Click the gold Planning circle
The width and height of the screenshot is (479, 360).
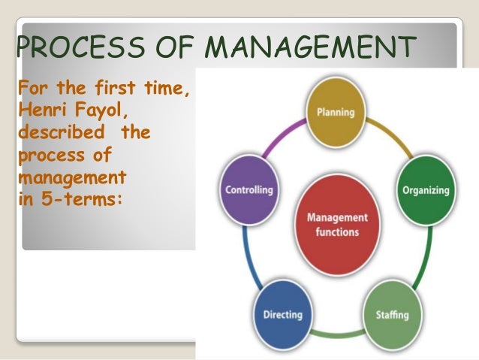[x=336, y=113]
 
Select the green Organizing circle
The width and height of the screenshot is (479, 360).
[x=425, y=190]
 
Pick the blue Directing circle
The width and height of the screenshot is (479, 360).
[x=282, y=313]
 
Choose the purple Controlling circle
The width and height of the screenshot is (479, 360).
[x=249, y=189]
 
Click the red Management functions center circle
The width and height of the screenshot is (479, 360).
[x=337, y=224]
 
